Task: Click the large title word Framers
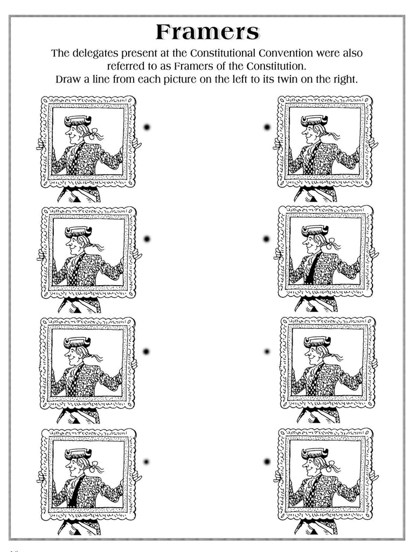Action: click(x=207, y=32)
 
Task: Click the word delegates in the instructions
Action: click(x=98, y=53)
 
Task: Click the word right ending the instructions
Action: click(x=344, y=79)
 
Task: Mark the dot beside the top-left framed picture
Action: click(x=147, y=127)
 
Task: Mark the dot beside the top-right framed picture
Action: click(x=267, y=127)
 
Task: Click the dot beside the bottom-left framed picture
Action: click(x=147, y=462)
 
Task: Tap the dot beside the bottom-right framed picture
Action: click(x=267, y=462)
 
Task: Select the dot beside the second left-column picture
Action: click(x=147, y=239)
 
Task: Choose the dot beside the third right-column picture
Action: click(x=267, y=351)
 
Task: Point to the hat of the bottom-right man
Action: click(x=315, y=453)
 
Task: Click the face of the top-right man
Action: click(x=309, y=133)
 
